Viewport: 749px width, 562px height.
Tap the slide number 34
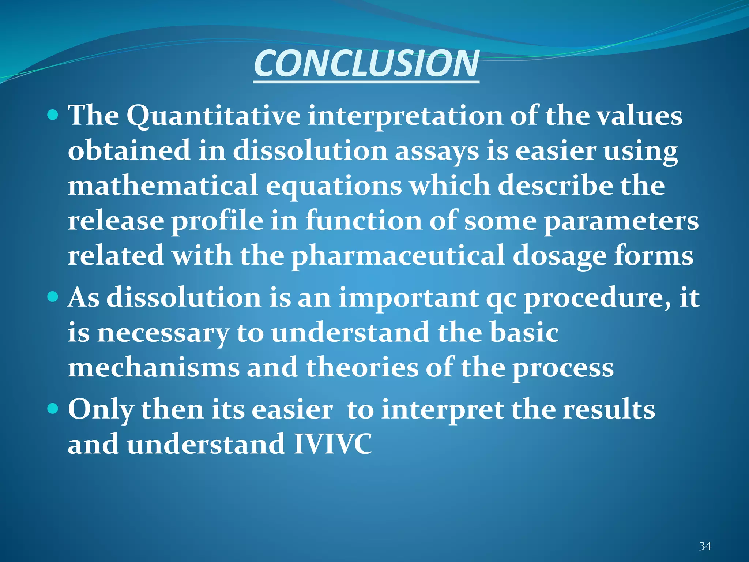[705, 546]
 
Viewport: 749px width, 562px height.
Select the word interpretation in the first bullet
[405, 116]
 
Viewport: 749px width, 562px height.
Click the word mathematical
[162, 186]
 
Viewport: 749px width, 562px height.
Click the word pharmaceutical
[398, 256]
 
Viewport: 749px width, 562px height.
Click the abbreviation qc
[501, 299]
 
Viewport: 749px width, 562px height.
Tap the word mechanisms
[154, 367]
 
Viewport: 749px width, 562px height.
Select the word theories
[362, 367]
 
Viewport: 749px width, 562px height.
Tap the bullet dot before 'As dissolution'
[53, 296]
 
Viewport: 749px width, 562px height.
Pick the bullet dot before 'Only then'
[53, 408]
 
